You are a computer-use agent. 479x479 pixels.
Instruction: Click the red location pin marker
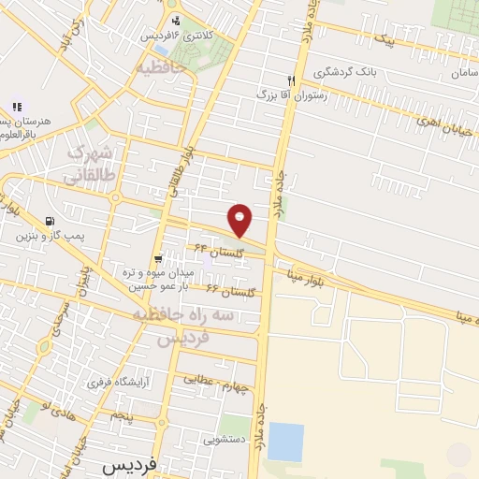tap(240, 220)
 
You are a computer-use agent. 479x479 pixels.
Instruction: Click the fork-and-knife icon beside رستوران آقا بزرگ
tap(291, 80)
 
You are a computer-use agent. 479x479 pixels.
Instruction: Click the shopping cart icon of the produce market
tap(158, 258)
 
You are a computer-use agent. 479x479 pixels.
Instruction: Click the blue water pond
tap(285, 442)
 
